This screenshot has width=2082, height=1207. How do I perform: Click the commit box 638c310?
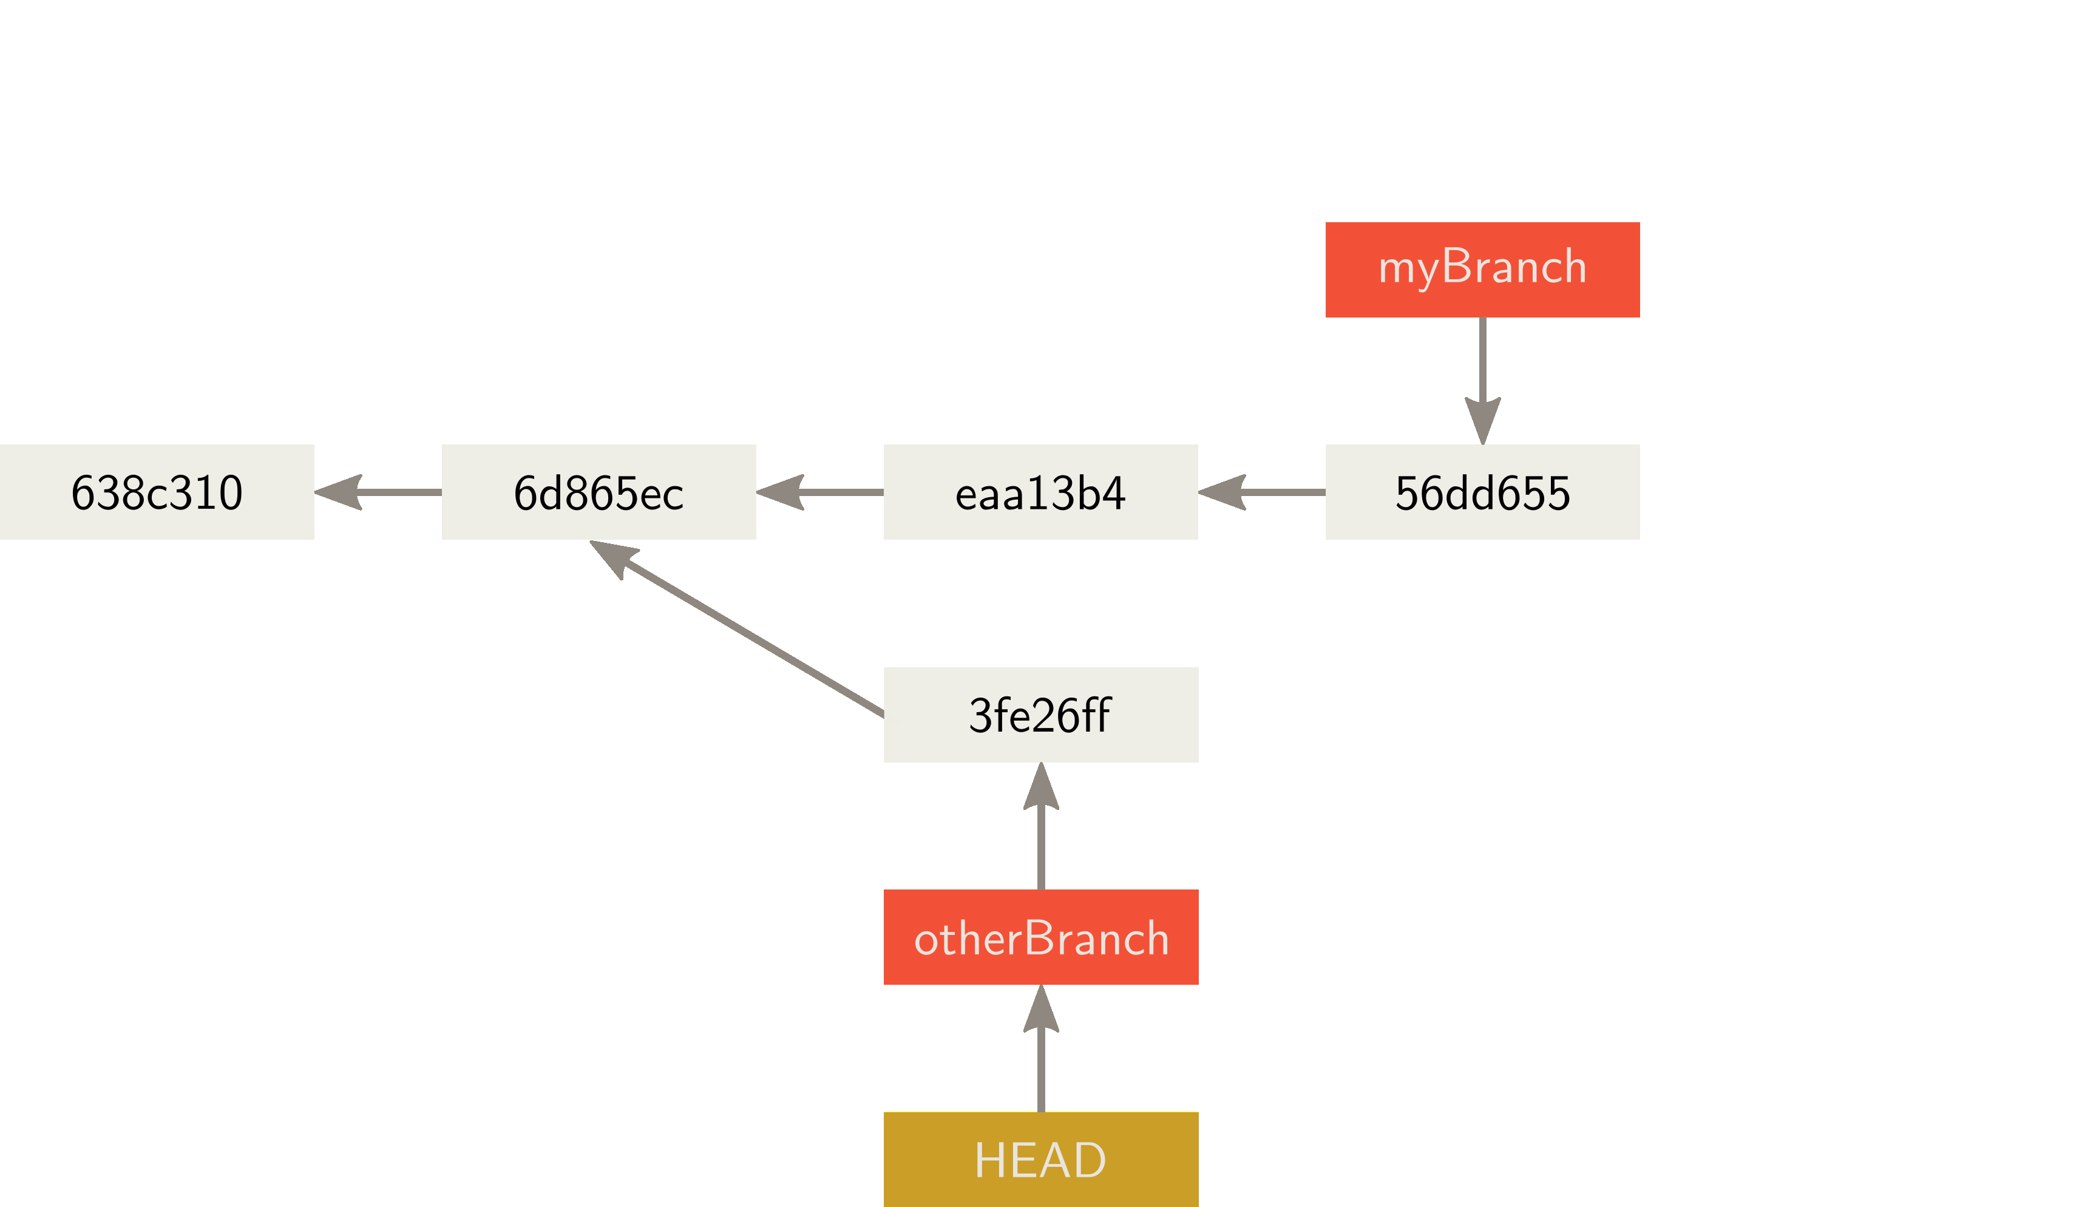(157, 492)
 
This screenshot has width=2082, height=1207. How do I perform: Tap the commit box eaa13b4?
(1040, 492)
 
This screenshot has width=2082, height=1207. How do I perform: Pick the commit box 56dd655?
(1482, 492)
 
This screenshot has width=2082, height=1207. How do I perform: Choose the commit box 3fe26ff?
(1040, 715)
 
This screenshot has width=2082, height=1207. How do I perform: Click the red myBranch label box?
(1482, 270)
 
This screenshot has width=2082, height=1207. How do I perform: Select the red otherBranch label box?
(1040, 937)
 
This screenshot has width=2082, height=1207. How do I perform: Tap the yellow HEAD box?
(1040, 1159)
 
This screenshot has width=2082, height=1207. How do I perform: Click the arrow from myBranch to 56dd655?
(1482, 364)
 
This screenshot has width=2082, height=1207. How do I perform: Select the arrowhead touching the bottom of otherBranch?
(1040, 1010)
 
